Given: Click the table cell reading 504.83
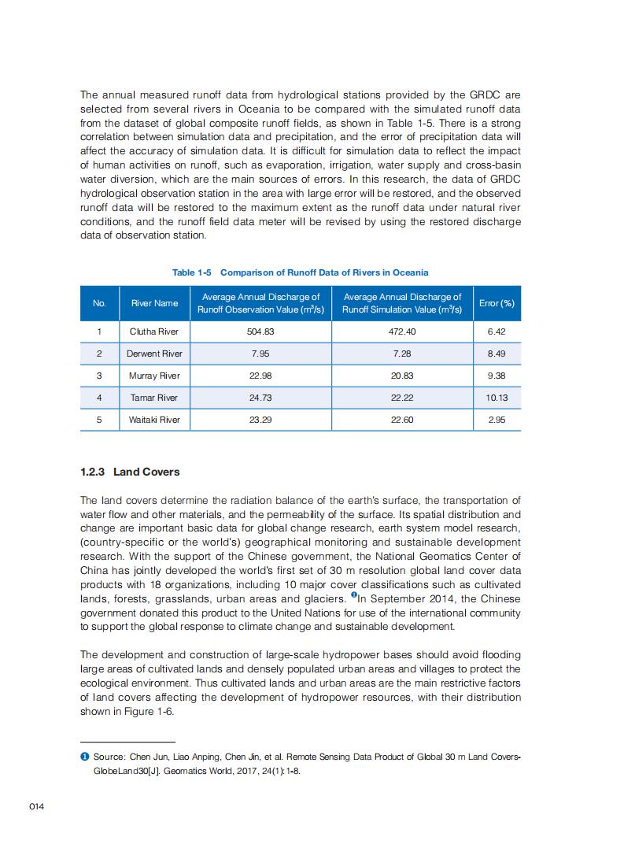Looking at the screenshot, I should pyautogui.click(x=260, y=332).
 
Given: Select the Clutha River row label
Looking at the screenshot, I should pyautogui.click(x=154, y=332).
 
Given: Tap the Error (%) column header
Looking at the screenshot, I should pyautogui.click(x=497, y=303).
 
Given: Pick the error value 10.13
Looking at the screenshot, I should pyautogui.click(x=497, y=398).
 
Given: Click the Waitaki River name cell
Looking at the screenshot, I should pyautogui.click(x=154, y=420).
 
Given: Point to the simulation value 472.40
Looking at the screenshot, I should pyautogui.click(x=402, y=332).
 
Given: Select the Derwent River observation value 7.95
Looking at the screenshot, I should pyautogui.click(x=260, y=354).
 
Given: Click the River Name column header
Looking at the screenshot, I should pyautogui.click(x=154, y=303).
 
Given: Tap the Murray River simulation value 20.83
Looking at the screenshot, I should pyautogui.click(x=402, y=376).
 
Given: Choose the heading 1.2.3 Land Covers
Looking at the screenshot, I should pyautogui.click(x=130, y=472).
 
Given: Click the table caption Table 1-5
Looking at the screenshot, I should pyautogui.click(x=193, y=272).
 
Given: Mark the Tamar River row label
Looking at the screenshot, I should pyautogui.click(x=154, y=398).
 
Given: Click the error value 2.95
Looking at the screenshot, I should pyautogui.click(x=497, y=420).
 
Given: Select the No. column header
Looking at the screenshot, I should pyautogui.click(x=99, y=303).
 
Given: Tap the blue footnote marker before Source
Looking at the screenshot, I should pyautogui.click(x=83, y=757).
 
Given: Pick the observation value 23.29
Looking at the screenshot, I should pyautogui.click(x=260, y=420).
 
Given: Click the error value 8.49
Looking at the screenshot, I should pyautogui.click(x=497, y=354).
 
